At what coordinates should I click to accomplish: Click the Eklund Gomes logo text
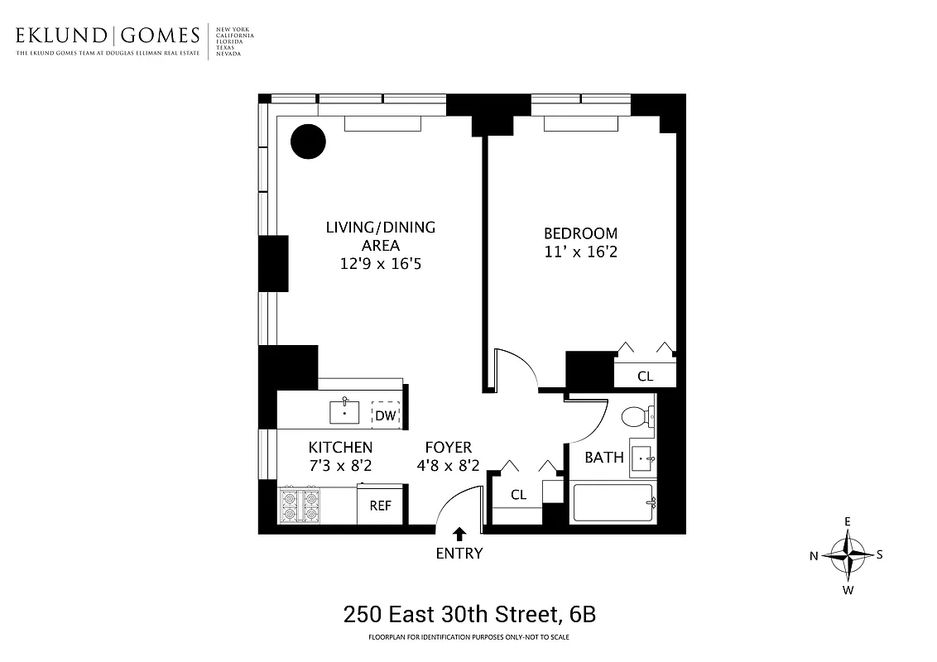(108, 36)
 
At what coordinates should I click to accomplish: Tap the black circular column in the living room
(307, 142)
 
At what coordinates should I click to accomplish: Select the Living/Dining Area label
(380, 236)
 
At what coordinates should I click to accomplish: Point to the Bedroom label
(579, 233)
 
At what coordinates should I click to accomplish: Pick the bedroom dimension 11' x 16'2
(579, 252)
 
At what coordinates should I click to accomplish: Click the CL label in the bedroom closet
(645, 377)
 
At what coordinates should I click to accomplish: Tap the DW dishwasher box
(386, 415)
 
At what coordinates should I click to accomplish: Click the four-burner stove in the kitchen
(300, 506)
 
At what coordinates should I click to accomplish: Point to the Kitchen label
(340, 448)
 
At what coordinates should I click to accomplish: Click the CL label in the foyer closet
(518, 495)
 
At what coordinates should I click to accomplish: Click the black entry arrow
(459, 535)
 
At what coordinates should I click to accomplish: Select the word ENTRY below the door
(459, 554)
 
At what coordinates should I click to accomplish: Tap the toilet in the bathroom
(636, 417)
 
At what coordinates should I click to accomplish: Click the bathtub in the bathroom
(613, 502)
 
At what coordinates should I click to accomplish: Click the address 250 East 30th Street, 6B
(468, 615)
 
